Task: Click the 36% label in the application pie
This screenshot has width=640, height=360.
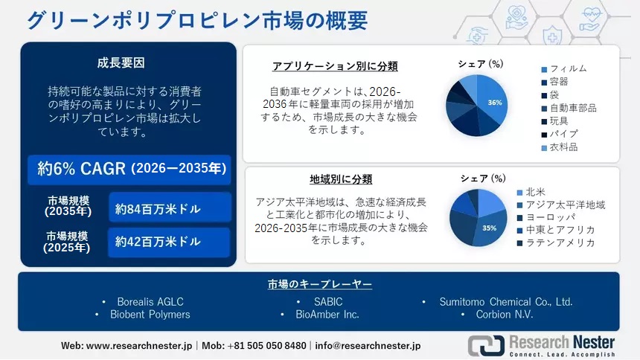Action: pyautogui.click(x=495, y=103)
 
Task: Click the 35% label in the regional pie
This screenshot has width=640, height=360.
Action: pyautogui.click(x=489, y=228)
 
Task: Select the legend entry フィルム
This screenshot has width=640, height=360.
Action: pyautogui.click(x=564, y=68)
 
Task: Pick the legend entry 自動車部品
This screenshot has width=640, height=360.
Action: pyautogui.click(x=569, y=108)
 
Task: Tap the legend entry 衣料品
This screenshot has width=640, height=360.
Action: pyautogui.click(x=560, y=147)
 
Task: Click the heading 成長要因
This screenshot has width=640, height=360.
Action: pyautogui.click(x=121, y=63)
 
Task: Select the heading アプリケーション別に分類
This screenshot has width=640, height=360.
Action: pyautogui.click(x=335, y=66)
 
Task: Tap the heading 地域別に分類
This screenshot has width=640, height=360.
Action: pyautogui.click(x=341, y=179)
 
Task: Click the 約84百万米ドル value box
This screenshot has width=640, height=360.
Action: pyautogui.click(x=170, y=208)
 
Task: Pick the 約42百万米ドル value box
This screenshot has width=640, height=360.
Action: pyautogui.click(x=169, y=242)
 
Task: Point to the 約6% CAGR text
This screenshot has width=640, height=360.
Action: pyautogui.click(x=81, y=169)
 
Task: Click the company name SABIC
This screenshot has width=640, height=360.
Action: pyautogui.click(x=328, y=302)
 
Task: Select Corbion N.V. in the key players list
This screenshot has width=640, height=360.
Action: pyautogui.click(x=505, y=315)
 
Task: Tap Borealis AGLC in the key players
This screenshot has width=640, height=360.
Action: pyautogui.click(x=150, y=302)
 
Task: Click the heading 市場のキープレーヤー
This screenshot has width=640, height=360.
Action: pyautogui.click(x=319, y=284)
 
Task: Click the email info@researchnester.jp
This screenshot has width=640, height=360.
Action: pyautogui.click(x=368, y=346)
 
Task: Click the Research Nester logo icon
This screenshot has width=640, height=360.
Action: pyautogui.click(x=486, y=345)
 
